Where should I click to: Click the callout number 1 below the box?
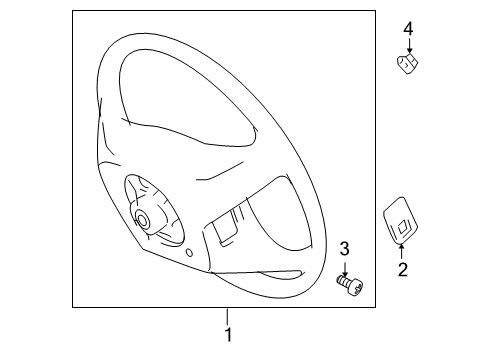pos(228,336)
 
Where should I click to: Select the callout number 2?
pos(402,269)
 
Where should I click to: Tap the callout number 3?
pos(344,250)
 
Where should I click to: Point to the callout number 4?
pos(408,29)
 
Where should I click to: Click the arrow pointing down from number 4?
pos(408,46)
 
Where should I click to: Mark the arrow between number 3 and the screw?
pos(345,268)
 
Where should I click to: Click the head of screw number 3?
pos(356,287)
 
